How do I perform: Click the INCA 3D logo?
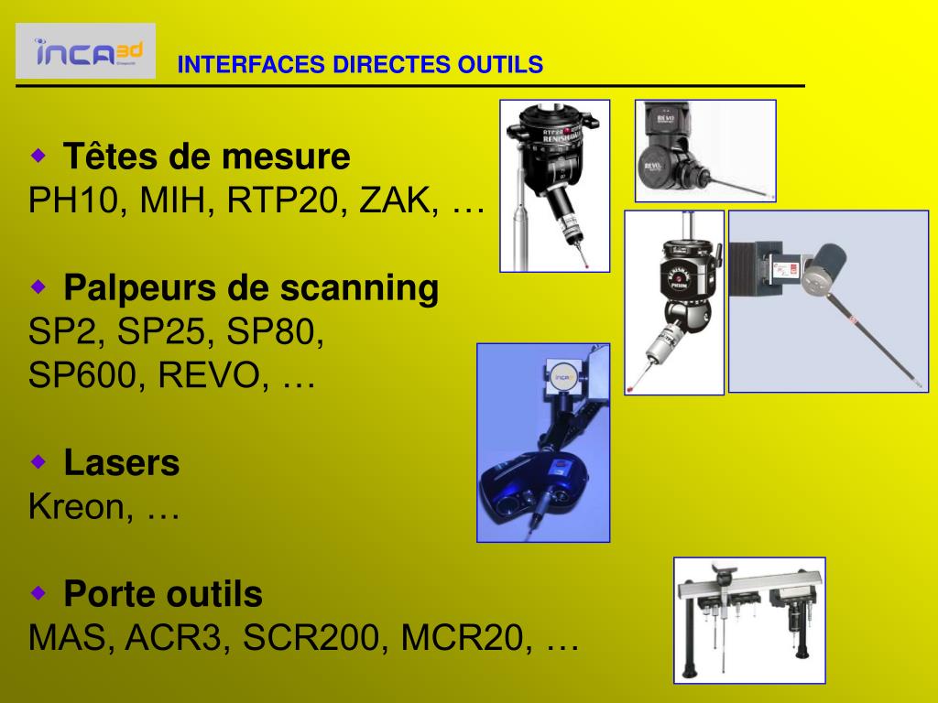point(85,51)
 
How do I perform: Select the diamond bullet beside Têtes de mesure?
point(38,156)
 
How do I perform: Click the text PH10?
point(73,200)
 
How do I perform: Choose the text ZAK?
point(395,200)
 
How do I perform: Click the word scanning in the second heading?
point(359,288)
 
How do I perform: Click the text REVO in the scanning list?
point(209,374)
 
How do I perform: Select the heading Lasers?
point(122,462)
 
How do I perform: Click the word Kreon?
point(77,506)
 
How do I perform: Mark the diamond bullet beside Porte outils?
point(38,593)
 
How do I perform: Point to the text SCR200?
point(311,637)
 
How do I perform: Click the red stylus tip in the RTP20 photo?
point(589,265)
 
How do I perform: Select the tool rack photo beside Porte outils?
point(749,621)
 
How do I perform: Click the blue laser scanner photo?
point(543,443)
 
